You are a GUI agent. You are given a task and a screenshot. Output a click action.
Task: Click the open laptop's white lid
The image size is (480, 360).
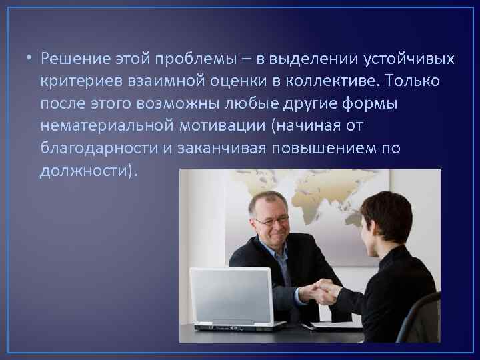(230, 293)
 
